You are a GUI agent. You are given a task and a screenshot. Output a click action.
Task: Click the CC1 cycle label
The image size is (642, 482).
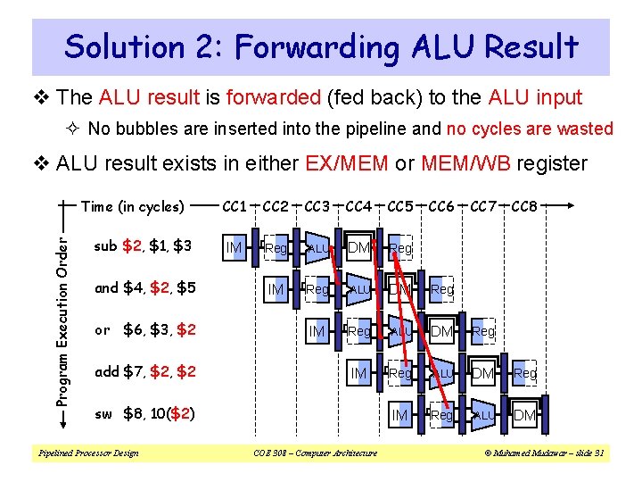pyautogui.click(x=235, y=207)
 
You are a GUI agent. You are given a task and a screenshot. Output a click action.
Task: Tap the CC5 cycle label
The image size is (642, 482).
pyautogui.click(x=400, y=207)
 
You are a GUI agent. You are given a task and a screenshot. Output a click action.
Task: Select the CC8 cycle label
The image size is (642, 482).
pyautogui.click(x=524, y=207)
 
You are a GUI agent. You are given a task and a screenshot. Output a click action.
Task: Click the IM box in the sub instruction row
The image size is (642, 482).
pyautogui.click(x=235, y=247)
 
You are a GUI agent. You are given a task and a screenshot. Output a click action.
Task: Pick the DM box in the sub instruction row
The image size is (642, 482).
pyautogui.click(x=359, y=247)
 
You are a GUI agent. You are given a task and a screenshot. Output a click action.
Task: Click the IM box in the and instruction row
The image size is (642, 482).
pyautogui.click(x=276, y=289)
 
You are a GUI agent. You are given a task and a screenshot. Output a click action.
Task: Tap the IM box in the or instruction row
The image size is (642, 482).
pyautogui.click(x=317, y=331)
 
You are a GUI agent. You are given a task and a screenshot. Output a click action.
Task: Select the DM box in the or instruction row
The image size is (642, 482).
pyautogui.click(x=441, y=331)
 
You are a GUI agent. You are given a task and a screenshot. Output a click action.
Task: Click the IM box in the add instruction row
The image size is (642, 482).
pyautogui.click(x=359, y=373)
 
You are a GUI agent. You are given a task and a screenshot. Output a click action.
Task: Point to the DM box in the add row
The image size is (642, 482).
pyautogui.click(x=483, y=373)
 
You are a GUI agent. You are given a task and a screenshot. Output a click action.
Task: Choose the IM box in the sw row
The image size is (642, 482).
pyautogui.click(x=400, y=415)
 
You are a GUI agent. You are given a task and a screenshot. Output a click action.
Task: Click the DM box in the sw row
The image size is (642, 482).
pyautogui.click(x=525, y=415)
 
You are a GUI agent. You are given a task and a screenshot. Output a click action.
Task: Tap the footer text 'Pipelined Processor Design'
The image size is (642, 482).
pyautogui.click(x=87, y=453)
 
